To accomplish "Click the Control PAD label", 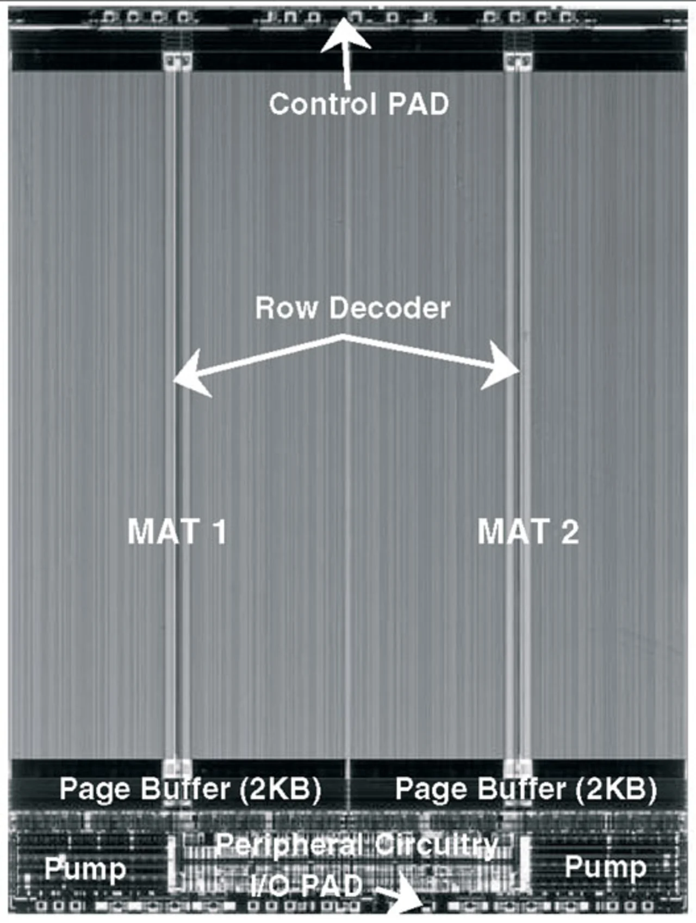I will [359, 103].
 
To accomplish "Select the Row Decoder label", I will [352, 308].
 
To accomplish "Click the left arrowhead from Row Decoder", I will [185, 376].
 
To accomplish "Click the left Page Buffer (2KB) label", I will [190, 789].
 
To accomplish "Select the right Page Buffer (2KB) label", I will [526, 789].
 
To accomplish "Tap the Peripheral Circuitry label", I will [357, 844].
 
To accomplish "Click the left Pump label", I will [85, 869].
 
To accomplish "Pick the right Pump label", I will [605, 866].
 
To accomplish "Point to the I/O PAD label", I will [307, 887].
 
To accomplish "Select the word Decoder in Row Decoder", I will [390, 308].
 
